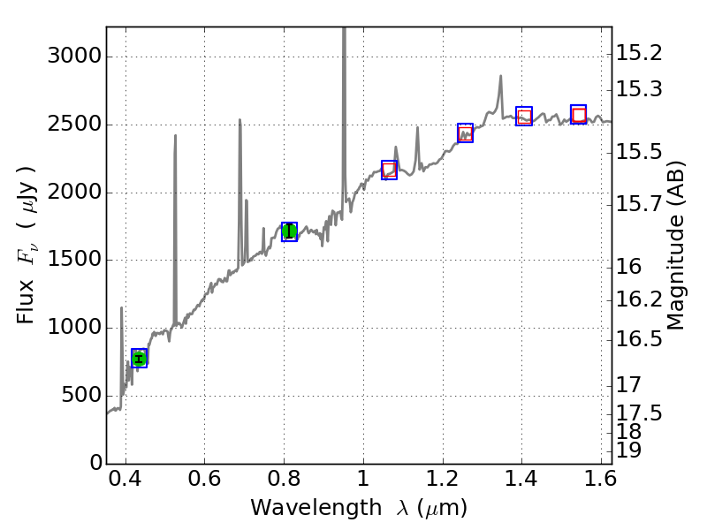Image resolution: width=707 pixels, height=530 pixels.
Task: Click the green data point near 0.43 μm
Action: (139, 358)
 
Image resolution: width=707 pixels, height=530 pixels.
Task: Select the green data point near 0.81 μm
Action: (289, 231)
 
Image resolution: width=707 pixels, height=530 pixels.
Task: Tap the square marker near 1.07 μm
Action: (389, 170)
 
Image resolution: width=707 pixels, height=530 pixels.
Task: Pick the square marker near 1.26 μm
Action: (465, 133)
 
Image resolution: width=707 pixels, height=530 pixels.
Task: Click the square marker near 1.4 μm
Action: (524, 116)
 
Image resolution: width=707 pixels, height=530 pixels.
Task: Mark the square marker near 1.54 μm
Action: (579, 115)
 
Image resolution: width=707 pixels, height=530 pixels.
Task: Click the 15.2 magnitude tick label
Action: (639, 54)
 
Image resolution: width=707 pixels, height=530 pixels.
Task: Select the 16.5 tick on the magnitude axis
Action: (639, 339)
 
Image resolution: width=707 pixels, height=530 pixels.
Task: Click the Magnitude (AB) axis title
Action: (676, 246)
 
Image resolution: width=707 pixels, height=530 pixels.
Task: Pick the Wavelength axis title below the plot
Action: (359, 508)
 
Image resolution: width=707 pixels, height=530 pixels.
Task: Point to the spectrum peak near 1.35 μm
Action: (500, 77)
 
